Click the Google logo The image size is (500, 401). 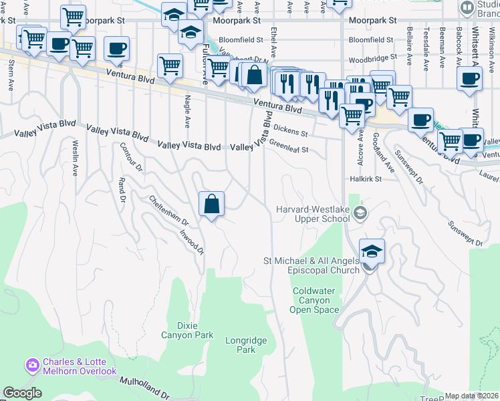pyautogui.click(x=21, y=394)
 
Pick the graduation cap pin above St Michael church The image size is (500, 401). pyautogui.click(x=372, y=251)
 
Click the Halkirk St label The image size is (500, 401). pyautogui.click(x=365, y=179)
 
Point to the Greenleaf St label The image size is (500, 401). pyautogui.click(x=289, y=146)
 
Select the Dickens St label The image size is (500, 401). pyautogui.click(x=289, y=128)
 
